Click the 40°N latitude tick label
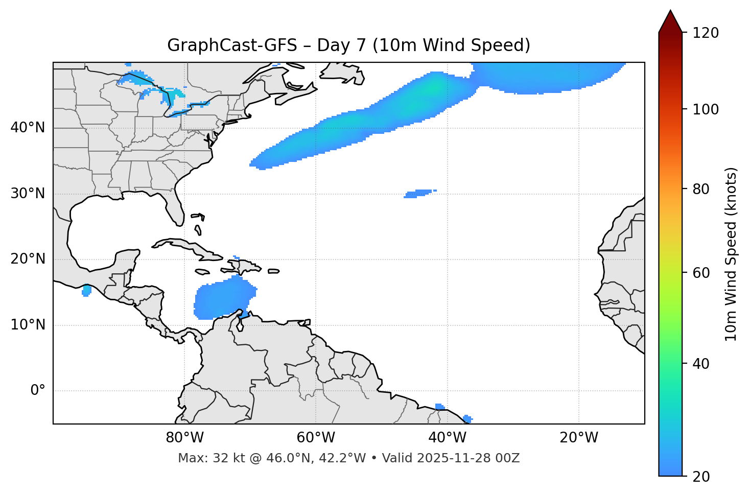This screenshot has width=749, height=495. click(x=28, y=128)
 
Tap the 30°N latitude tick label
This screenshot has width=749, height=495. click(x=28, y=194)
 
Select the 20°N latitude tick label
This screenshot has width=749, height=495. click(x=28, y=259)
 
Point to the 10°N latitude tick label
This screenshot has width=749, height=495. click(x=28, y=325)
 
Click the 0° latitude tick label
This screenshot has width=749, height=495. click(x=38, y=391)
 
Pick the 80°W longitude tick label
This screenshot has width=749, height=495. click(x=184, y=438)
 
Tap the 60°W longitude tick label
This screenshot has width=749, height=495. click(x=316, y=438)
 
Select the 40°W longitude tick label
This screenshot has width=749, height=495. click(x=447, y=438)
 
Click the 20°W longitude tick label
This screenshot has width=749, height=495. click(x=579, y=438)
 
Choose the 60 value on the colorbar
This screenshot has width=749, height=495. click(x=700, y=273)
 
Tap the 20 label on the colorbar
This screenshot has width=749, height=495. click(x=700, y=477)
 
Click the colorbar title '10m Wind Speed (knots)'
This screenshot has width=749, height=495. click(x=731, y=254)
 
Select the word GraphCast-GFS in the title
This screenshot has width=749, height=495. click(x=232, y=45)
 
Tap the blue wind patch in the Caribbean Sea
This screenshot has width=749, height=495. click(x=222, y=300)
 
